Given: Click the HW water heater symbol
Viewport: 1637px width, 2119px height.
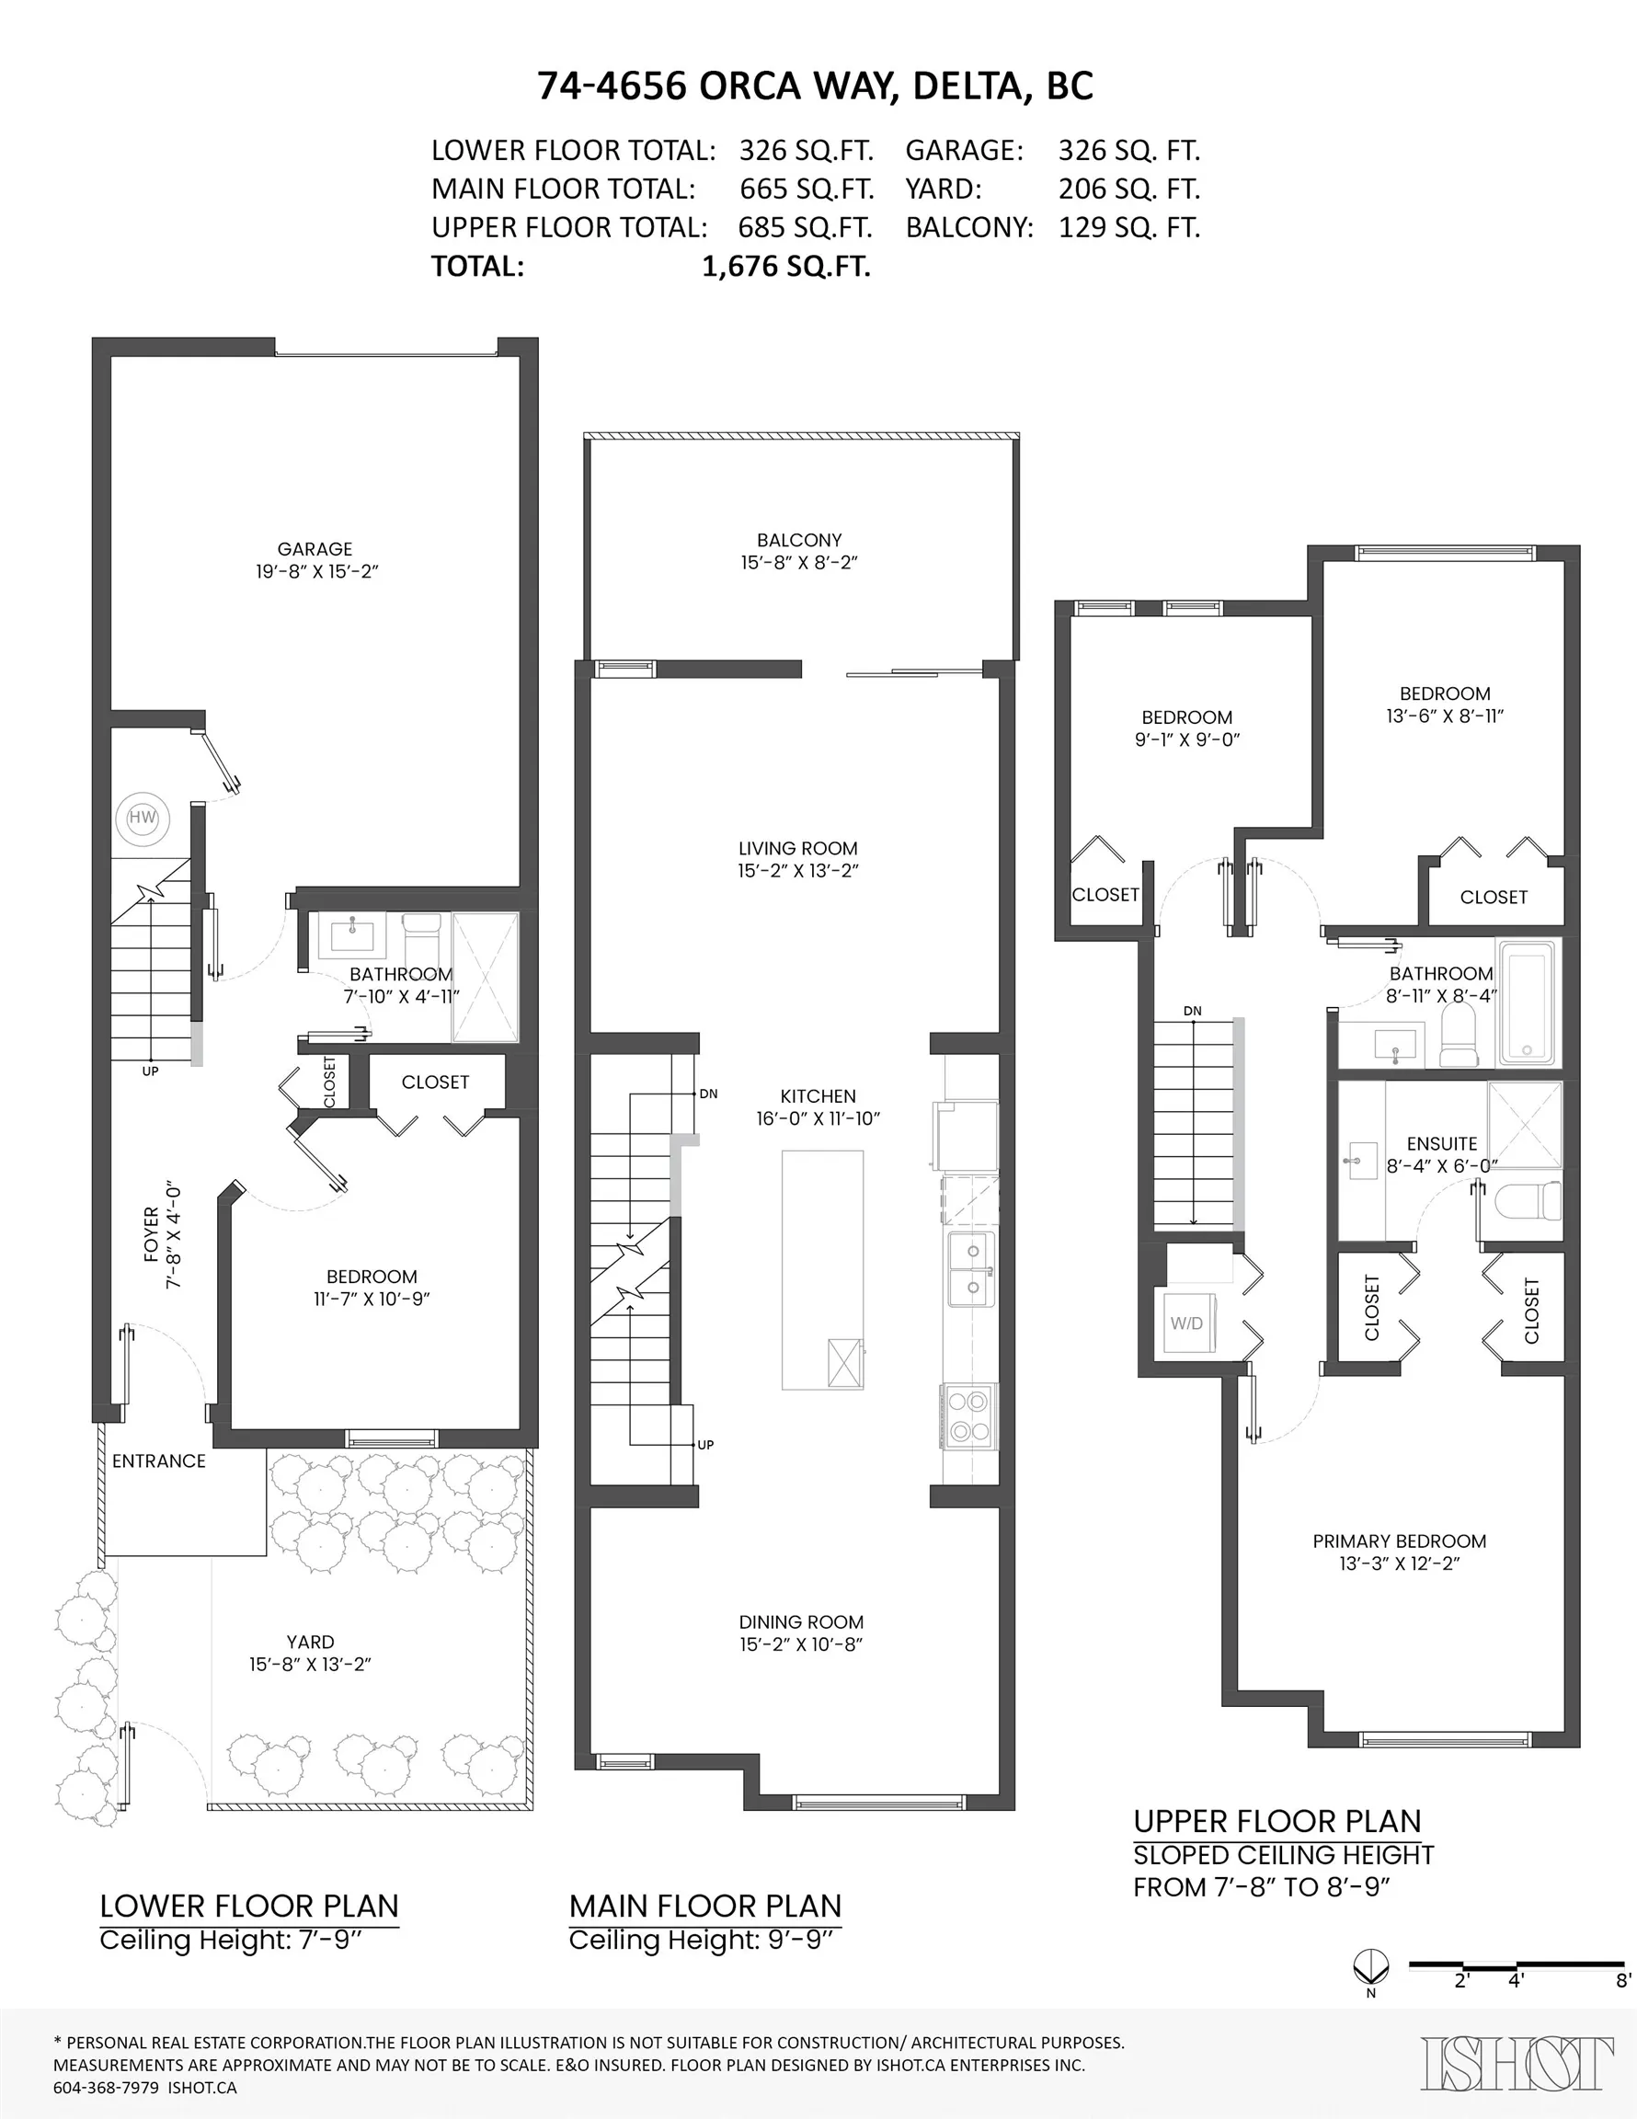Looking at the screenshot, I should tap(143, 817).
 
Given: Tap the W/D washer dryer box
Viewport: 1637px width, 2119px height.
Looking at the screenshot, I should tap(1186, 1323).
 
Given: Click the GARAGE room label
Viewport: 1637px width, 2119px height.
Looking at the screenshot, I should tap(315, 549).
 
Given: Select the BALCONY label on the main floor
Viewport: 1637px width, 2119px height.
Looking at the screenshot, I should tap(798, 541).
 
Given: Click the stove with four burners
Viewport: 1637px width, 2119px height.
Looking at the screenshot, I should tap(968, 1415).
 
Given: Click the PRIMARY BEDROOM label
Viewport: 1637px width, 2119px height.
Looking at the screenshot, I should tap(1398, 1541).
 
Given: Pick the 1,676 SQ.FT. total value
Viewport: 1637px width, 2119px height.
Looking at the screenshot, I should tap(786, 267).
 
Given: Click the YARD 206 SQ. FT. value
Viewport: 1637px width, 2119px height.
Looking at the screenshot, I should tap(1128, 189).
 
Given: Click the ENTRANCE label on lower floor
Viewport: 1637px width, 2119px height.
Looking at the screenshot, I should tap(159, 1461).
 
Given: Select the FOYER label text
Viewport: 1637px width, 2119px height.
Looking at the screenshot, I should tap(152, 1234).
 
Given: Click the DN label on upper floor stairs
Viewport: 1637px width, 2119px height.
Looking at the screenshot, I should tap(1193, 1011).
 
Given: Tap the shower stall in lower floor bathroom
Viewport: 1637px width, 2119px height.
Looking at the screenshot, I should tap(486, 976).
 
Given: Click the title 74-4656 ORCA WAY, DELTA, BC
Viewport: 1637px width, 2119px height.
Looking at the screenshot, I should tap(815, 86).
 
